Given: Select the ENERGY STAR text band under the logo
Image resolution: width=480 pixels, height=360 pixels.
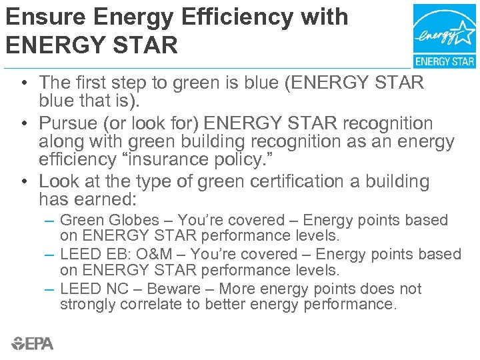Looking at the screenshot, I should (445, 61).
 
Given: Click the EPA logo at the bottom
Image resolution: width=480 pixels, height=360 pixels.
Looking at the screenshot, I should (32, 343).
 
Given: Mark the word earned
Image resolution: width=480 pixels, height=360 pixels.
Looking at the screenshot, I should (123, 199).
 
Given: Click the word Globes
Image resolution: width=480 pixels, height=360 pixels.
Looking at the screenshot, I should (132, 220).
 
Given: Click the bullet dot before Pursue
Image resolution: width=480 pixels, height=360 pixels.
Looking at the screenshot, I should (23, 124).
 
